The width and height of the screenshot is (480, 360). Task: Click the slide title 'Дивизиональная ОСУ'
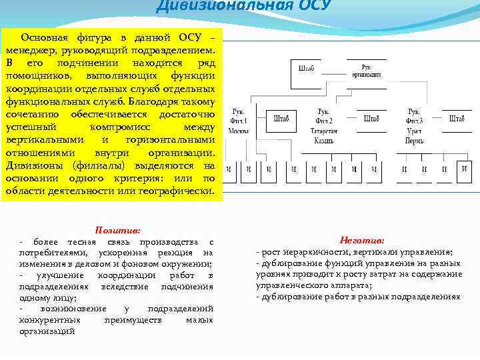[x=243, y=7]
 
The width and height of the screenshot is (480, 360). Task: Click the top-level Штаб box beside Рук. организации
[x=307, y=69]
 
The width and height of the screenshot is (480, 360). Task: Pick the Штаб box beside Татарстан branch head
[x=371, y=119]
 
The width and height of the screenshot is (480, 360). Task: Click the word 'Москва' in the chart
[x=238, y=131]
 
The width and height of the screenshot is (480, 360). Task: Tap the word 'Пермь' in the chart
[x=415, y=141]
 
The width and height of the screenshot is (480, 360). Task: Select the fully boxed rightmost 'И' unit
[x=464, y=170]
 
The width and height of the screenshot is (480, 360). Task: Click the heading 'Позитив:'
[x=117, y=229]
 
